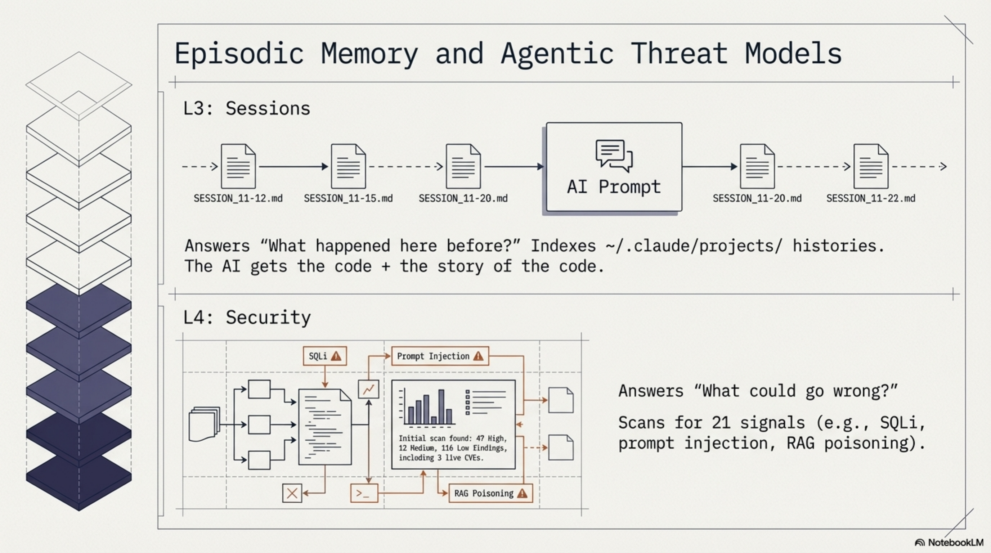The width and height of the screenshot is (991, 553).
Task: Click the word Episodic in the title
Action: coord(239,54)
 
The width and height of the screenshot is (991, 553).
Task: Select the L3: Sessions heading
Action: coord(247,108)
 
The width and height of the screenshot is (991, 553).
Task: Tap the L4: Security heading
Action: coord(247,318)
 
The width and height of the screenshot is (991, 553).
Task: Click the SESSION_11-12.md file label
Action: coord(238,198)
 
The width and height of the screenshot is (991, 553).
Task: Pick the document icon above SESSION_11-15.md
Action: coord(348,166)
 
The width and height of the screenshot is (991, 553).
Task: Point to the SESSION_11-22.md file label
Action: coord(871,198)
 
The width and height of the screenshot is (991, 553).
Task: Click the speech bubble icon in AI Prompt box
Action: coord(614,155)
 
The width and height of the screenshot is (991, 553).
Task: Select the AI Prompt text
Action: coord(614,187)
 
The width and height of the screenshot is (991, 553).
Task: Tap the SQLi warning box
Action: coord(325,356)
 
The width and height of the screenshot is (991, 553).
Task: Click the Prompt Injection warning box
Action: coord(440,356)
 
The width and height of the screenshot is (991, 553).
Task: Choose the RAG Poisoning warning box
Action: coord(490,493)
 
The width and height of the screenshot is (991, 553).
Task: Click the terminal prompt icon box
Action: coord(364,493)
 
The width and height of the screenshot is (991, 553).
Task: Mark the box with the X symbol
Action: coord(292,493)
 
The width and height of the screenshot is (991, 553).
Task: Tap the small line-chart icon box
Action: coord(368,389)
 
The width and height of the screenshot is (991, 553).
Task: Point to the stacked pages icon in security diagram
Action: coord(204,424)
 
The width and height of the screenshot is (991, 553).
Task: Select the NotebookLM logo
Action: coord(949,543)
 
